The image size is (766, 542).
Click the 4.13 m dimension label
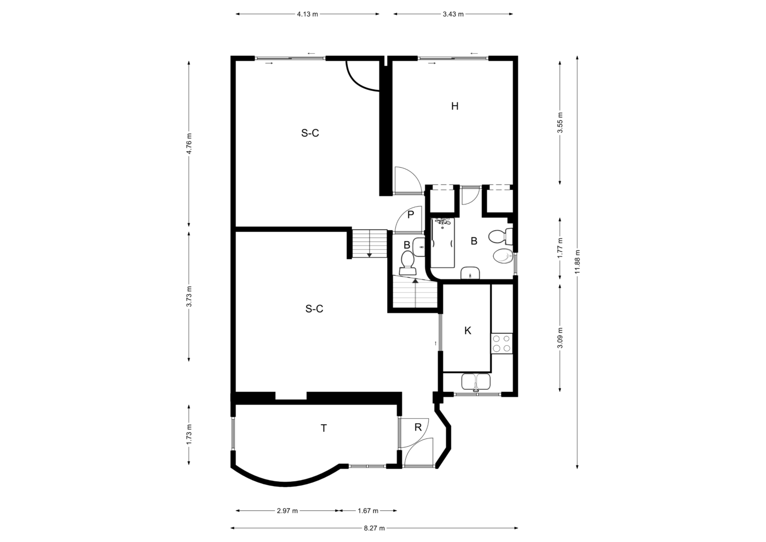[x=307, y=14]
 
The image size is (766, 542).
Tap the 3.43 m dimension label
[x=453, y=14]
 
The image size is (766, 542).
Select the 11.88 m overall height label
[x=578, y=262]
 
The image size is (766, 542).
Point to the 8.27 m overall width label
[x=374, y=528]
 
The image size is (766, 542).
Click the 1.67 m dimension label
[x=368, y=511]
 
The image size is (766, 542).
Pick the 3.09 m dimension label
[x=560, y=338]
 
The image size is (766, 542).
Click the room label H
[x=455, y=106]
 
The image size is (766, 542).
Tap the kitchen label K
[x=468, y=330]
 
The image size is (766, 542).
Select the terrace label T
[x=324, y=428]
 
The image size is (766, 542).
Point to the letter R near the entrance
[x=418, y=427]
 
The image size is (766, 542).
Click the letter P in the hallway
[x=411, y=214]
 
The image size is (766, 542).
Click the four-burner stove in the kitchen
[x=502, y=344]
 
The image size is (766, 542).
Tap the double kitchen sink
[x=476, y=383]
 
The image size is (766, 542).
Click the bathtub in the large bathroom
[x=442, y=243]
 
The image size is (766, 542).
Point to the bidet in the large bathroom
[x=503, y=256]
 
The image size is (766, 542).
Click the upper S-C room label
[x=310, y=133]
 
